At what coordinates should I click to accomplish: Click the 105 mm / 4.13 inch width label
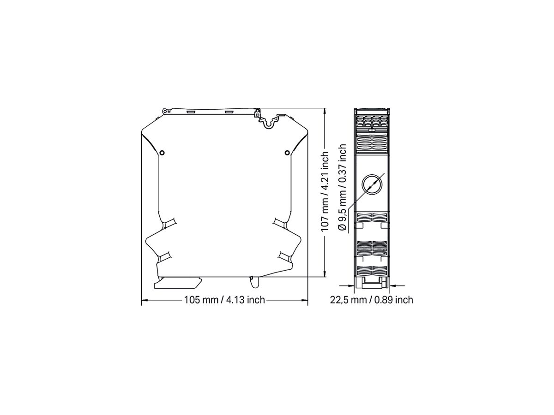pos(224,300)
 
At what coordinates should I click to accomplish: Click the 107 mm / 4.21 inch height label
pos(325,191)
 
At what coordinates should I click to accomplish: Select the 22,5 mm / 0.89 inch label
pos(371,300)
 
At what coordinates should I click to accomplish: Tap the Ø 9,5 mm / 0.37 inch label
pos(342,187)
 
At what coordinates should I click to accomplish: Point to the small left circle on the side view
pos(162,152)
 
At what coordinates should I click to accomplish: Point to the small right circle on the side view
pos(287,152)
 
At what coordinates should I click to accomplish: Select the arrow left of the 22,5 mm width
pos(351,286)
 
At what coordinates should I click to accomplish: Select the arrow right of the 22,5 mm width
pos(393,286)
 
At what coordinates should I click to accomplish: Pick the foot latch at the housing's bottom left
pos(178,282)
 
